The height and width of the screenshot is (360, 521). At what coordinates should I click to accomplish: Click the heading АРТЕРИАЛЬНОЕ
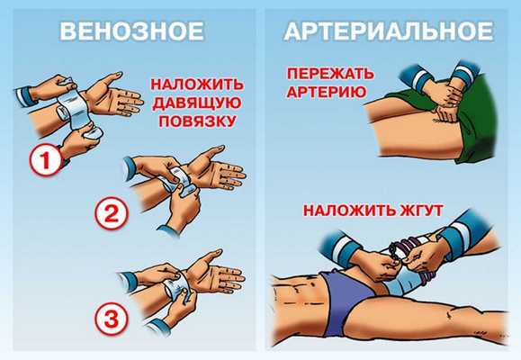pos(389,31)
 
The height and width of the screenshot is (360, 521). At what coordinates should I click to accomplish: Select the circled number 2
pos(112,213)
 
